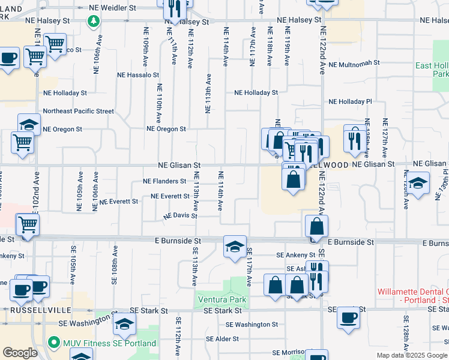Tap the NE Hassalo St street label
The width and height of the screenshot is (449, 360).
tap(138, 76)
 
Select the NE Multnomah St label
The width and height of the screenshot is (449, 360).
tap(354, 63)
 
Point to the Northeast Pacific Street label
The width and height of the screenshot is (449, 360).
tap(78, 111)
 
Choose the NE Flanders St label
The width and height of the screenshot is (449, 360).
tap(164, 181)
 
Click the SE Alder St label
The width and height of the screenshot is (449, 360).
tap(222, 338)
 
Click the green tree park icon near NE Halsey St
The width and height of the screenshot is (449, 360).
tap(94, 22)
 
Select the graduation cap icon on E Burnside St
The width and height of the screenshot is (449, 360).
tap(235, 246)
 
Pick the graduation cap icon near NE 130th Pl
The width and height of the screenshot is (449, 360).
tap(418, 181)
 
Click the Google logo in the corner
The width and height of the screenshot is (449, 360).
tap(20, 353)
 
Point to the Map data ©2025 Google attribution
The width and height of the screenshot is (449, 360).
tap(412, 355)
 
